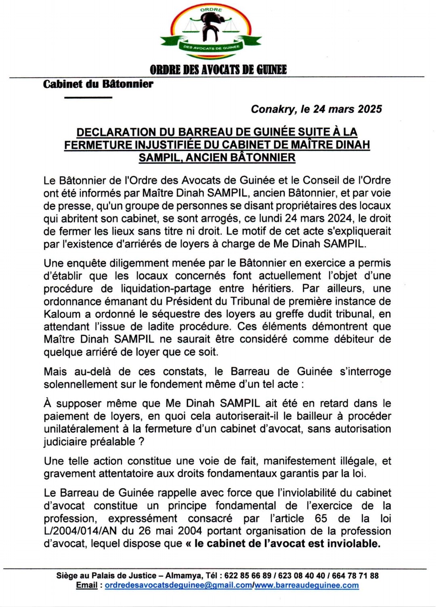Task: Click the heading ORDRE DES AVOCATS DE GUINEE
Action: coord(218,70)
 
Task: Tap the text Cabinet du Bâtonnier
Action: coord(98,84)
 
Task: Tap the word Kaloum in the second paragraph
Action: coord(61,314)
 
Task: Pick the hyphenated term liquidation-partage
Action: coord(166,288)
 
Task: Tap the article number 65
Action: coord(321,518)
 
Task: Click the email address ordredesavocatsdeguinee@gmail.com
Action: coord(178,585)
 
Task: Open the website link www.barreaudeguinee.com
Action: coord(306,585)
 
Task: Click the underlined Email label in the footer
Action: coord(87,585)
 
